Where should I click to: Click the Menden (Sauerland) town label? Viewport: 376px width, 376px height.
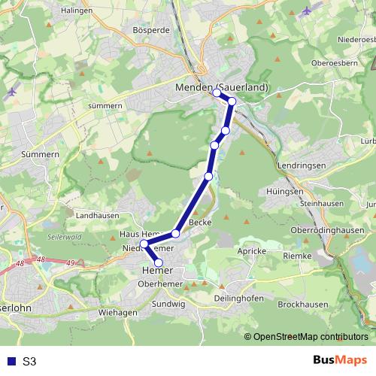(221, 87)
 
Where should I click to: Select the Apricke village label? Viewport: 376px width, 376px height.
(250, 249)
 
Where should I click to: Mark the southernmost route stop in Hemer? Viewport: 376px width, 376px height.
(158, 262)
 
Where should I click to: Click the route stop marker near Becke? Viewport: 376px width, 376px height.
(176, 233)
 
